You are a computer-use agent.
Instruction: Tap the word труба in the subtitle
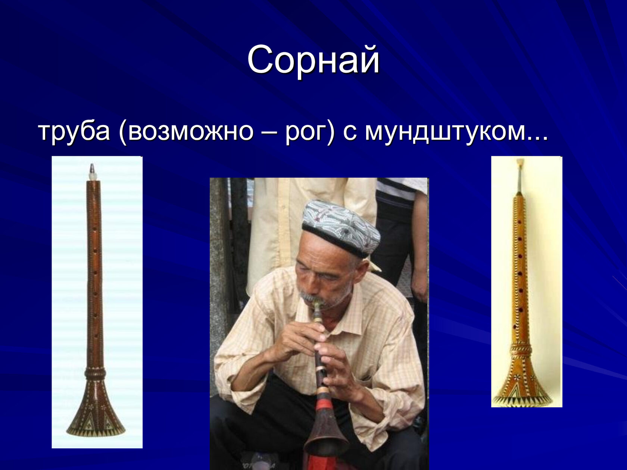point(74,132)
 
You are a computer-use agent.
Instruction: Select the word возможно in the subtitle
point(191,132)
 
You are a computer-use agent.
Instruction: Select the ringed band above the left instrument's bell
point(95,372)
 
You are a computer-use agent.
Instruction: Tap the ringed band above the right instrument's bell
point(521,350)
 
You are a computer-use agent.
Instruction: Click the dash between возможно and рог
point(270,133)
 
